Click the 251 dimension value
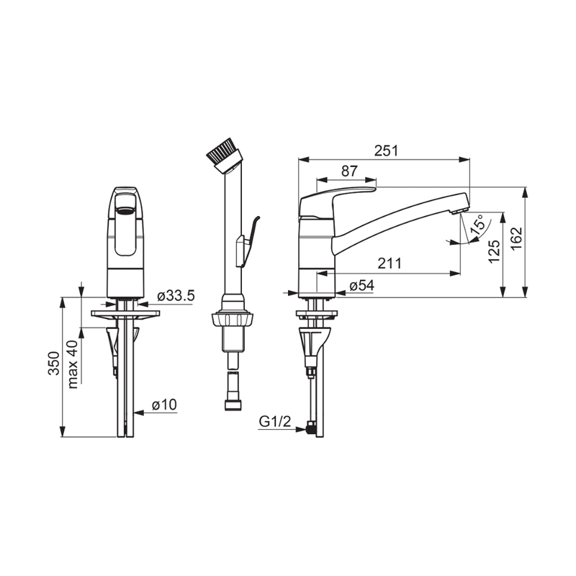386,150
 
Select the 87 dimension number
349,171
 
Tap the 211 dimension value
390,264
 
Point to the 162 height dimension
516,239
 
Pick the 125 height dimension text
494,251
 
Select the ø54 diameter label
362,285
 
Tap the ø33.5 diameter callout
176,296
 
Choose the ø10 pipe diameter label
164,405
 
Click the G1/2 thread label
275,421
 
